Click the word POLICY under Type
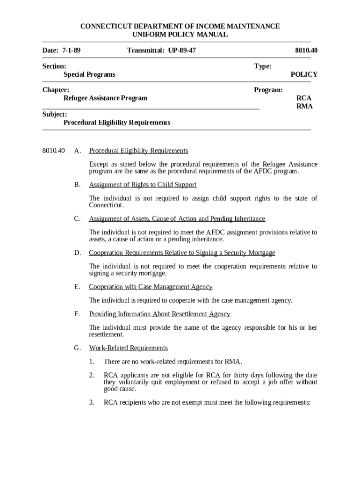[x=304, y=74]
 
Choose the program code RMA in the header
[x=304, y=106]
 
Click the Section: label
[x=54, y=66]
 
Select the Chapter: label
[x=56, y=90]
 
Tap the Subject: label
[x=55, y=114]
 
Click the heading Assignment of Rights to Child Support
[x=143, y=185]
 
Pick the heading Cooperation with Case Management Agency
[x=151, y=287]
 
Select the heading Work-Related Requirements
[x=128, y=348]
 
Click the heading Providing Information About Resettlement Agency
[x=159, y=314]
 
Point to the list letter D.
[x=77, y=253]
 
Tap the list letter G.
[x=77, y=348]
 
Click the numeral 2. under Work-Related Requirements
[x=92, y=375]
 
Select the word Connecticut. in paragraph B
[x=107, y=205]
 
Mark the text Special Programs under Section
[x=89, y=74]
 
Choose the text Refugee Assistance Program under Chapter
[x=105, y=98]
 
